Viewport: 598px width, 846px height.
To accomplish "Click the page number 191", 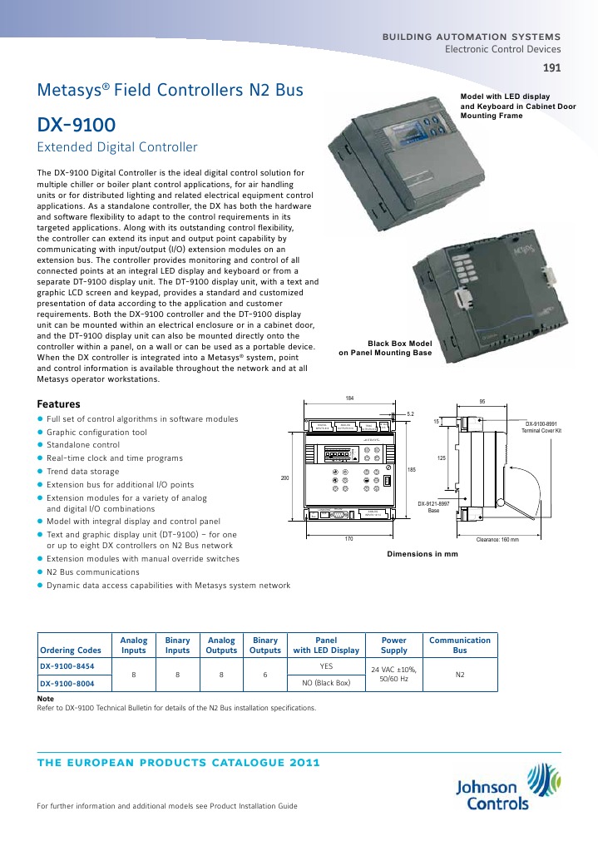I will click(551, 68).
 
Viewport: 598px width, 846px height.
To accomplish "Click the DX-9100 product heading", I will click(77, 125).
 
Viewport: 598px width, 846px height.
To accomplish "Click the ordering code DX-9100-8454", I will click(67, 666).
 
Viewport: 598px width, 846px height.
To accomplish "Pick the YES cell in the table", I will click(326, 666).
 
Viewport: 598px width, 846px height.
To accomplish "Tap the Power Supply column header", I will click(393, 645).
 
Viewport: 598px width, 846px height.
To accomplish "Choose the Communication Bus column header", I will click(460, 645).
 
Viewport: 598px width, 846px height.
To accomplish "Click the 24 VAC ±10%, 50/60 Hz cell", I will click(393, 675).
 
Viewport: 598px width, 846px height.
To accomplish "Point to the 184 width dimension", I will click(349, 398).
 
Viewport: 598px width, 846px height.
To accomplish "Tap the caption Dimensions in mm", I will click(423, 553).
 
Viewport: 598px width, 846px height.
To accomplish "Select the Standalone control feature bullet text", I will click(83, 445).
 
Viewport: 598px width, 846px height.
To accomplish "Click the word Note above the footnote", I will click(47, 700).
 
